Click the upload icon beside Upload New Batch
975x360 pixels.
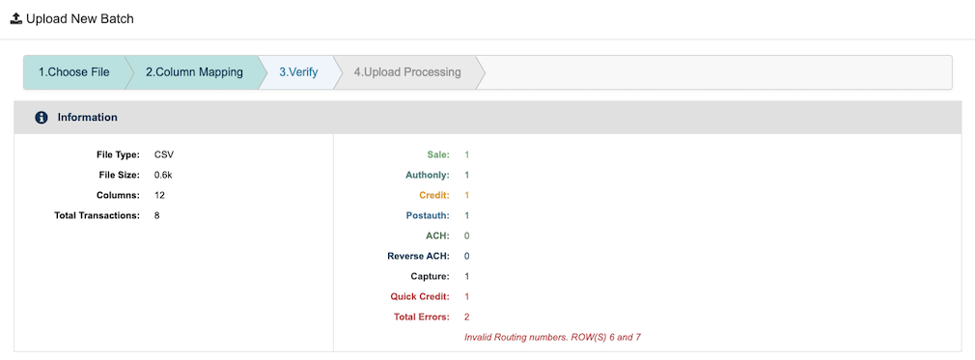15,18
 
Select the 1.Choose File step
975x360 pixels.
73,72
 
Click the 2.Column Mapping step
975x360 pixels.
194,72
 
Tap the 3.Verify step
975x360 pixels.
298,72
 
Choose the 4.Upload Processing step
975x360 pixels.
406,72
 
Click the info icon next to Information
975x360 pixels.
42,118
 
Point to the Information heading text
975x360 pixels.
87,118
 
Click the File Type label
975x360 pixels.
119,154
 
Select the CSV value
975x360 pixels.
163,154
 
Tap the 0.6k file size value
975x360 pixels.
163,175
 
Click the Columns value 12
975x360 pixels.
160,195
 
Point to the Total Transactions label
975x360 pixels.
97,215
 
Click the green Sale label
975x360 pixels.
438,154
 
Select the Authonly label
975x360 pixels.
428,175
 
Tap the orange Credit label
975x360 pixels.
434,195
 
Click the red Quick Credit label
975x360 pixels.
420,296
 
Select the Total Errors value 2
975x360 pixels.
467,317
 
